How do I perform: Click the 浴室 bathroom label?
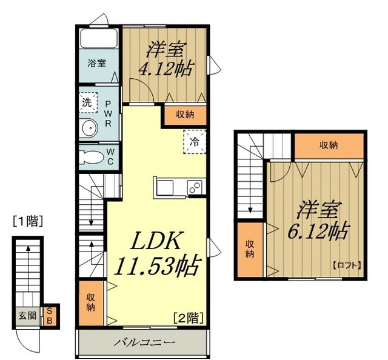pyautogui.click(x=97, y=64)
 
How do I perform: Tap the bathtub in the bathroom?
pyautogui.click(x=99, y=38)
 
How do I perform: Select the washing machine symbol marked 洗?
pyautogui.click(x=88, y=102)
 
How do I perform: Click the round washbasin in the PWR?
pyautogui.click(x=90, y=128)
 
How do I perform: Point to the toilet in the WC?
pyautogui.click(x=90, y=157)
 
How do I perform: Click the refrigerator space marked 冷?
pyautogui.click(x=195, y=142)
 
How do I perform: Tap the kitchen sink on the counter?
pyautogui.click(x=165, y=188)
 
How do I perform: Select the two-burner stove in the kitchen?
pyautogui.click(x=195, y=188)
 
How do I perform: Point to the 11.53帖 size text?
pyautogui.click(x=158, y=265)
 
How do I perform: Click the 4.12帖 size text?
pyautogui.click(x=166, y=69)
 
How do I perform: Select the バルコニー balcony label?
pyautogui.click(x=144, y=342)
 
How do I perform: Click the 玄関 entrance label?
pyautogui.click(x=27, y=316)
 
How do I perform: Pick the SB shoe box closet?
pyautogui.click(x=50, y=316)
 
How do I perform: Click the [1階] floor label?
pyautogui.click(x=28, y=221)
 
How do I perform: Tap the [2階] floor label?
pyautogui.click(x=189, y=318)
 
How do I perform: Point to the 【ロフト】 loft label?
pyautogui.click(x=346, y=265)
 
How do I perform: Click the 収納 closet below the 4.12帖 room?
pyautogui.click(x=185, y=115)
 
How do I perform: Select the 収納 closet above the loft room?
pyautogui.click(x=329, y=145)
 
